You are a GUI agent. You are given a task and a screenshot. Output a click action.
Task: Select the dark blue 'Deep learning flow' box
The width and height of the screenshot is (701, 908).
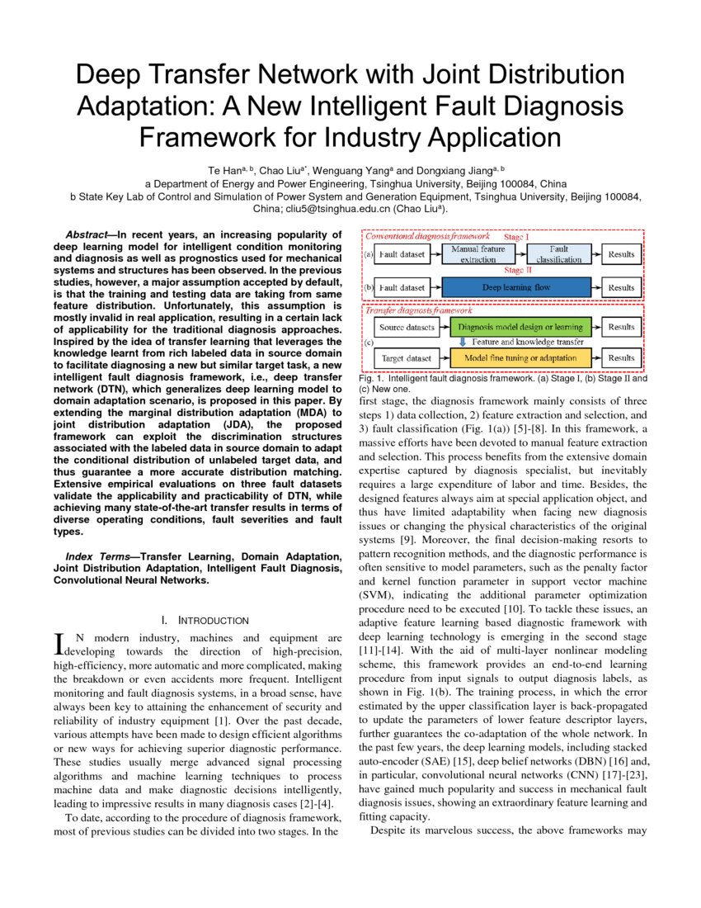pos(516,287)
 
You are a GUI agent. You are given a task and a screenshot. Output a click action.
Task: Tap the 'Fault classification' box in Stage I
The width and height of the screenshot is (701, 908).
pos(559,253)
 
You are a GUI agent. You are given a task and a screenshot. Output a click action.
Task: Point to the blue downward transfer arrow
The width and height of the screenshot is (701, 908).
pos(463,342)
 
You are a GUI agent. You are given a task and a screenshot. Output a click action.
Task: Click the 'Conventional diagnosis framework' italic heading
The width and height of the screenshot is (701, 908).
pos(427,236)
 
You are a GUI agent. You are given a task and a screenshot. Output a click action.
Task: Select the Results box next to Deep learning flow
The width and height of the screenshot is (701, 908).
pos(621,287)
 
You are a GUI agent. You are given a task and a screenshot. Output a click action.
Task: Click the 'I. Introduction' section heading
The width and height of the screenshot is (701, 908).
pos(205,620)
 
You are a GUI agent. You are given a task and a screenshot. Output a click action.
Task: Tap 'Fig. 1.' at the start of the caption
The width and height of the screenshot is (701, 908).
pos(372,378)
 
